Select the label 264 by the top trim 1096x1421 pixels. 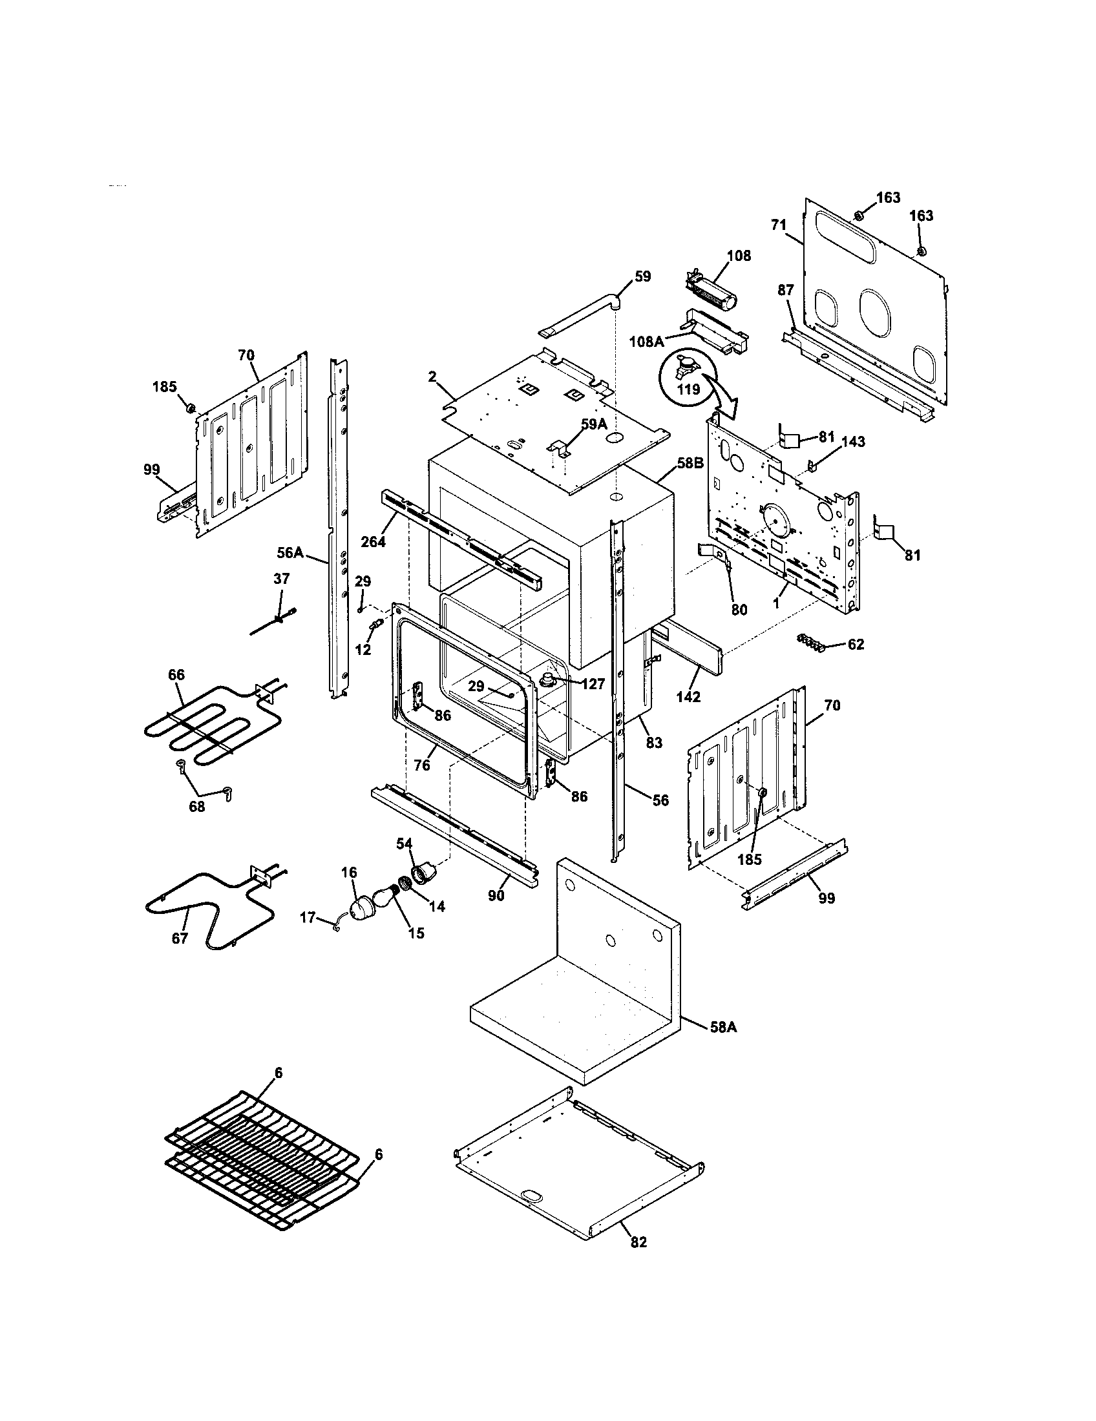tap(374, 541)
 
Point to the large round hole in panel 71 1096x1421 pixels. tap(877, 313)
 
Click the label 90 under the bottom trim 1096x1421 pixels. tap(496, 895)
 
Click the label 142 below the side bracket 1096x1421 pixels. tap(688, 697)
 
